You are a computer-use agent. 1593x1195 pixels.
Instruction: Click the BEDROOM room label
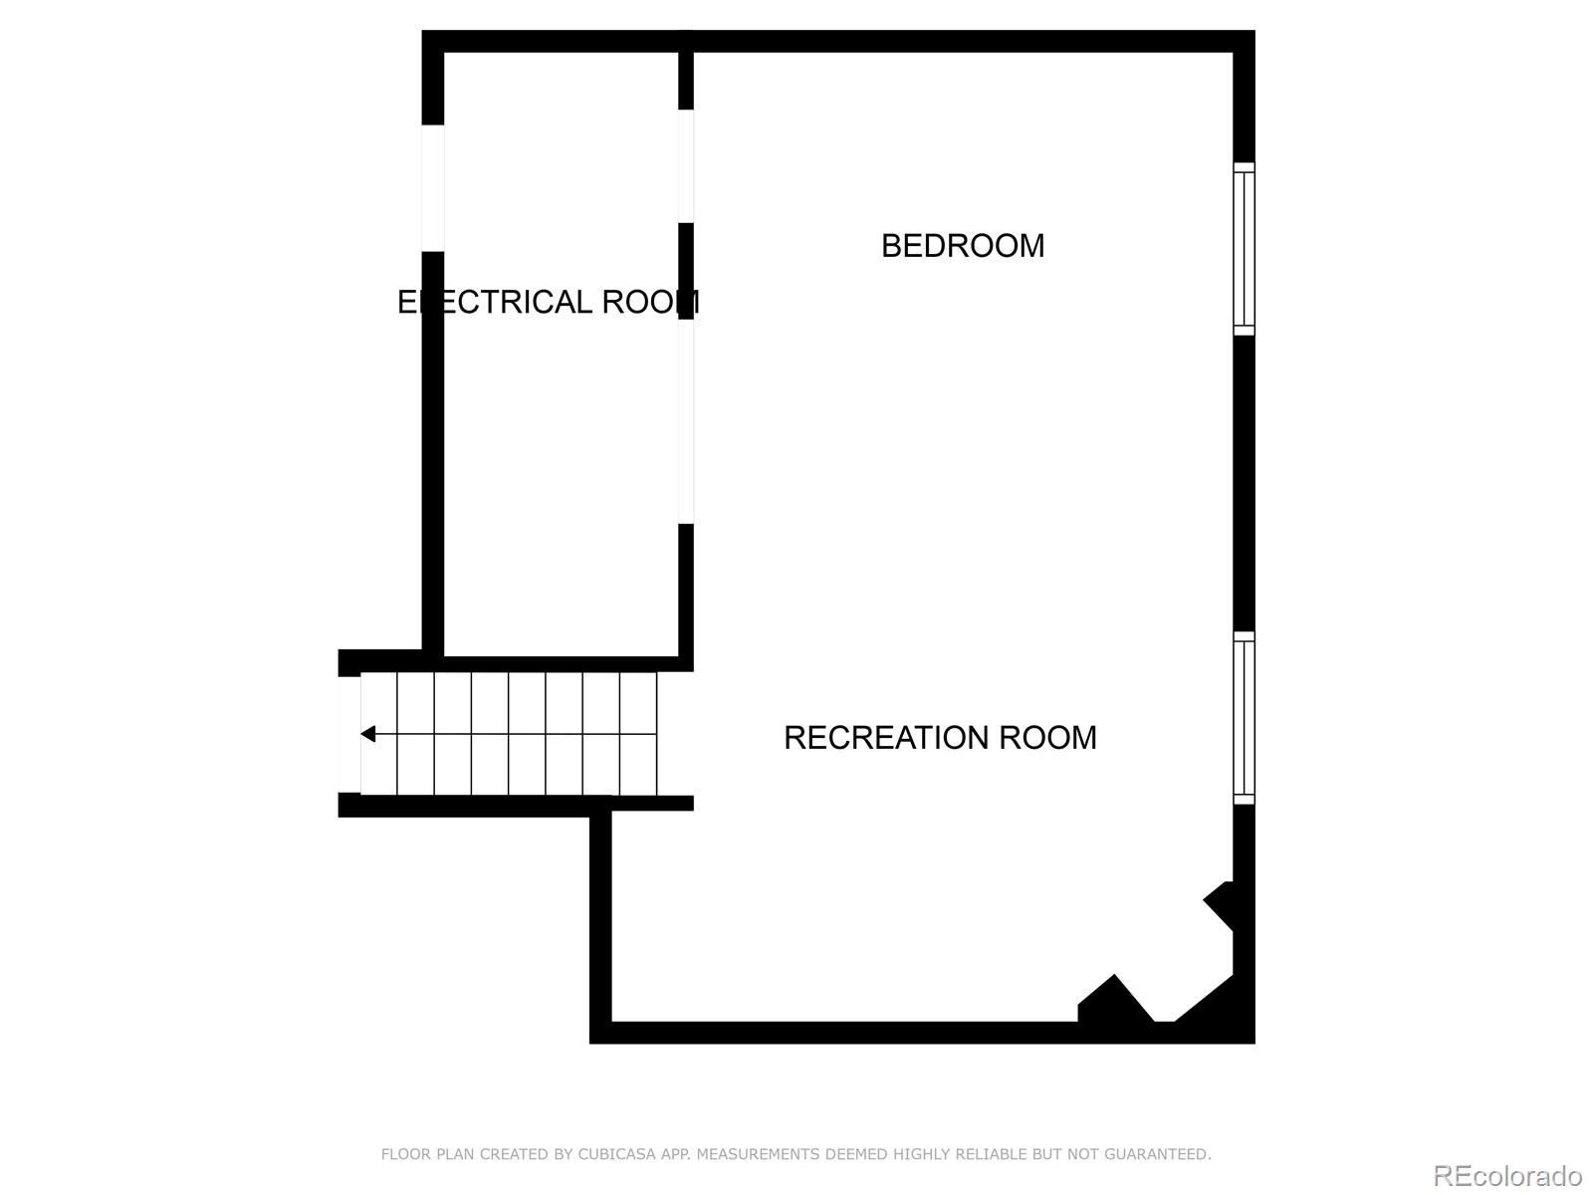coord(963,246)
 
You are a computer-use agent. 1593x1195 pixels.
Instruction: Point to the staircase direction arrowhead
coord(367,734)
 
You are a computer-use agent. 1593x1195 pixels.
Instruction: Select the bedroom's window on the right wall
coord(1245,249)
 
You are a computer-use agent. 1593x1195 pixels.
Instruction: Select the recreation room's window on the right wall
coord(1245,717)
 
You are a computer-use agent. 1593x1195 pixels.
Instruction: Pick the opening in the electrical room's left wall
coord(432,188)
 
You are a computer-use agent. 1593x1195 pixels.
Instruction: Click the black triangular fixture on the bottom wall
coord(1114,1001)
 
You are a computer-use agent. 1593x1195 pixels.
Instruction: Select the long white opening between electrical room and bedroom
coord(686,421)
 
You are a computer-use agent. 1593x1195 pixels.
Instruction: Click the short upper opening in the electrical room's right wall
coord(686,165)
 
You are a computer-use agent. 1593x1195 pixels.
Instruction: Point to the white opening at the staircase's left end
coord(349,734)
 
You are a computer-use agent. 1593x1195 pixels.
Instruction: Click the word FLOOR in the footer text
coord(405,1154)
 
